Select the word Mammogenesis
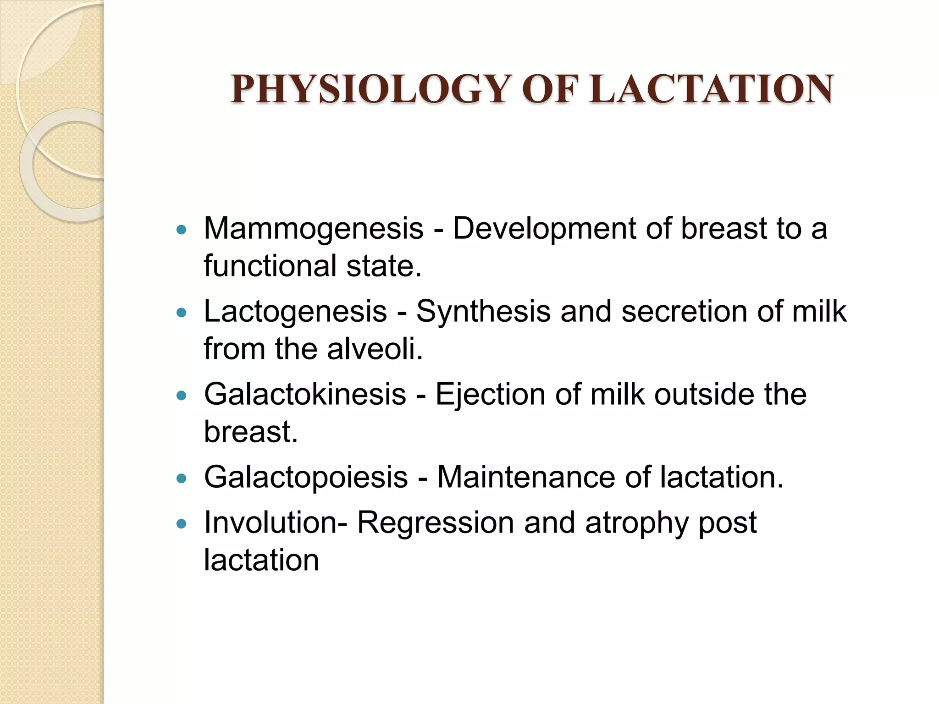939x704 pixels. tap(313, 229)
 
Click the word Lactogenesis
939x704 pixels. tap(295, 312)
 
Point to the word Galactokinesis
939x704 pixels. tap(305, 394)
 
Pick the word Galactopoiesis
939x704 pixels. tap(306, 477)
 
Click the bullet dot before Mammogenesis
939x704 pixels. tap(182, 230)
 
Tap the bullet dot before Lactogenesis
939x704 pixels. tap(182, 313)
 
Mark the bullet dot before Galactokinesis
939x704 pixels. tap(182, 396)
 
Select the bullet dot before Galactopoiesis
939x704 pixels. tap(182, 478)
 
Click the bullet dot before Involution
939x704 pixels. tap(182, 524)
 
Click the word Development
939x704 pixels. tap(544, 229)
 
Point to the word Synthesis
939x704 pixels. tap(483, 312)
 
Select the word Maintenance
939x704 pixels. tap(526, 477)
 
